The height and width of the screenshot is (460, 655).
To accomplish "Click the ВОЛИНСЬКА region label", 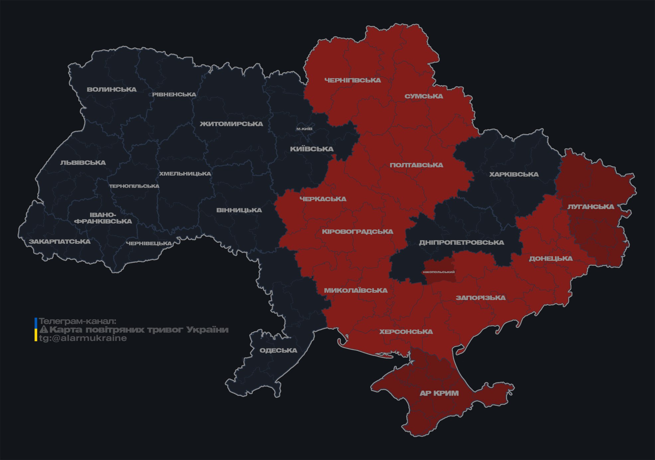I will (112, 89).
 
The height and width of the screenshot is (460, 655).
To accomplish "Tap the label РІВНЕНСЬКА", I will (174, 94).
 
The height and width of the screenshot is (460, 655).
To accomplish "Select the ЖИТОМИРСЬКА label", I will (231, 124).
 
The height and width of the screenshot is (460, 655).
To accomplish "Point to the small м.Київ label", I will (304, 129).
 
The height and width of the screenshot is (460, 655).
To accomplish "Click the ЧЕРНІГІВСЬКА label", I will (353, 80).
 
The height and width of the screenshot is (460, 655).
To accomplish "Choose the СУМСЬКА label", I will (424, 96).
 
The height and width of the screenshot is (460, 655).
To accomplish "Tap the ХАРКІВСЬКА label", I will (514, 174).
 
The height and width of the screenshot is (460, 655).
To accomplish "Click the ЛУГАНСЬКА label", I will (591, 207).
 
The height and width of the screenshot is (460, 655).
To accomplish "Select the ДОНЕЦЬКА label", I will (551, 258).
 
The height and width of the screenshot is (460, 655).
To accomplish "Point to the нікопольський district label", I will (439, 272).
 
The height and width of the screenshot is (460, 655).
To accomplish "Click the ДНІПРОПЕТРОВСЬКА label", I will (461, 242).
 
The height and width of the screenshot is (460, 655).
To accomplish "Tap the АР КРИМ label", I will (439, 393).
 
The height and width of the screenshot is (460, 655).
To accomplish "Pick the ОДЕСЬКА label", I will (278, 350).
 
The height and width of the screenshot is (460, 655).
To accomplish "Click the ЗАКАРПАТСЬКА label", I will (59, 241).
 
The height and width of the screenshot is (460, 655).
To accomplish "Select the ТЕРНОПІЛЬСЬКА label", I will (134, 186).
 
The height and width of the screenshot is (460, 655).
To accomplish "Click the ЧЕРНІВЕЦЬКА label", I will (149, 243).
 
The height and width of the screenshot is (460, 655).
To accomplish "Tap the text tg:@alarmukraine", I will (83, 338).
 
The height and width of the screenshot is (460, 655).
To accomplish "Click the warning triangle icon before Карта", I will (44, 330).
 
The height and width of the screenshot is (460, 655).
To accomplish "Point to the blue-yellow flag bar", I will (36, 329).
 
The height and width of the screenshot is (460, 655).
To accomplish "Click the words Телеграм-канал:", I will (77, 321).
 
